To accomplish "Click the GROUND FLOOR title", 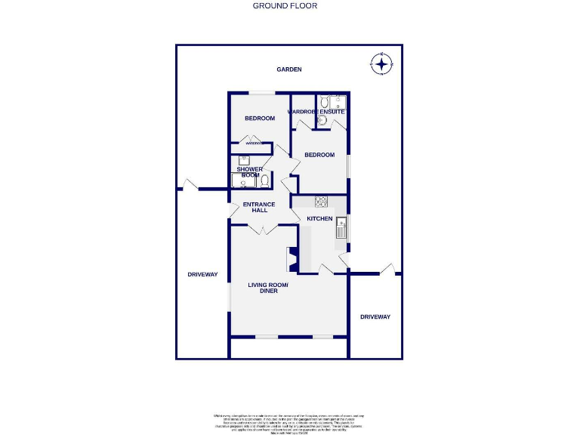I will (x=285, y=5).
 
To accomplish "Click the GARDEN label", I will (x=288, y=69).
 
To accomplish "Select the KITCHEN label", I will (x=319, y=218).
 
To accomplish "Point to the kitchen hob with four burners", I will (x=320, y=201).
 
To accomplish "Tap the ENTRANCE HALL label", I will (x=259, y=207).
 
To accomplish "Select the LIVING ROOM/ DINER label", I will (x=268, y=287).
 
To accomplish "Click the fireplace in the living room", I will (x=291, y=259).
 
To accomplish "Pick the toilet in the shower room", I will (x=264, y=180).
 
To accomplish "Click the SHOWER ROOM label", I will (x=249, y=172).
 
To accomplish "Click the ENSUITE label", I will (x=332, y=112).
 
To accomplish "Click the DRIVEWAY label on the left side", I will (x=202, y=274).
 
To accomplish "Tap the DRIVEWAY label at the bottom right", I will (x=375, y=316).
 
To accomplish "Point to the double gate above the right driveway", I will (x=387, y=270).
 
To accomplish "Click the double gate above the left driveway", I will (x=187, y=184).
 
